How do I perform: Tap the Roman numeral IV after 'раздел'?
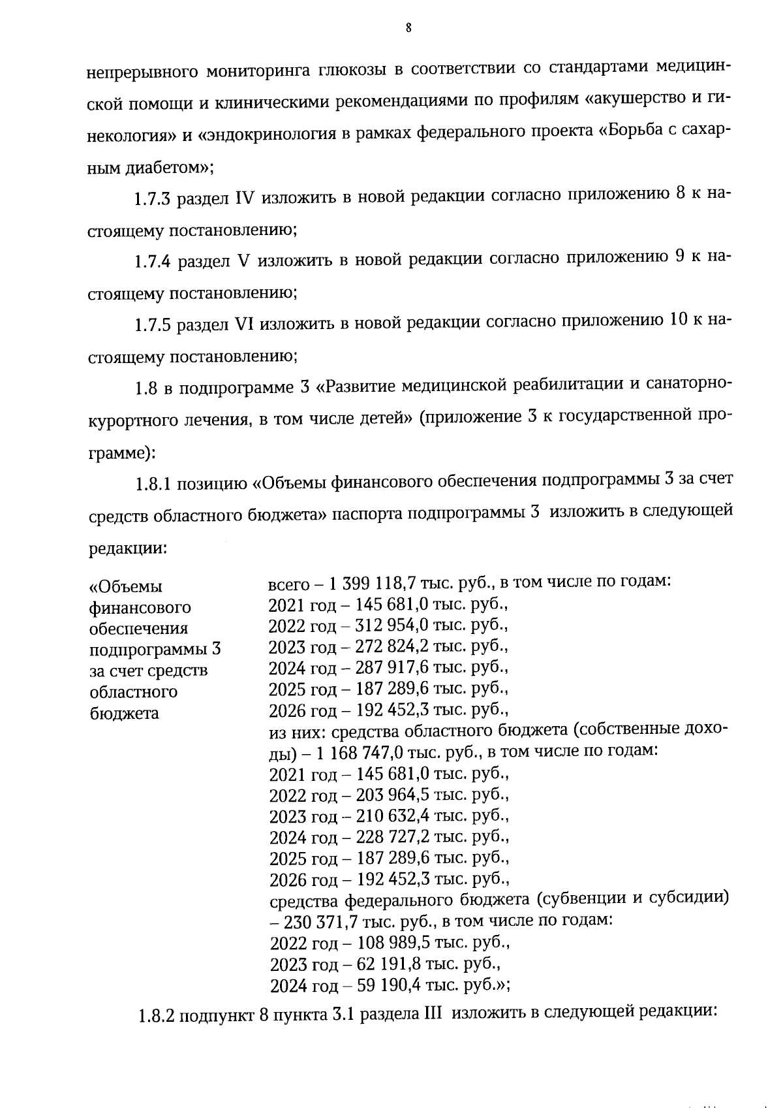tap(243, 198)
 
